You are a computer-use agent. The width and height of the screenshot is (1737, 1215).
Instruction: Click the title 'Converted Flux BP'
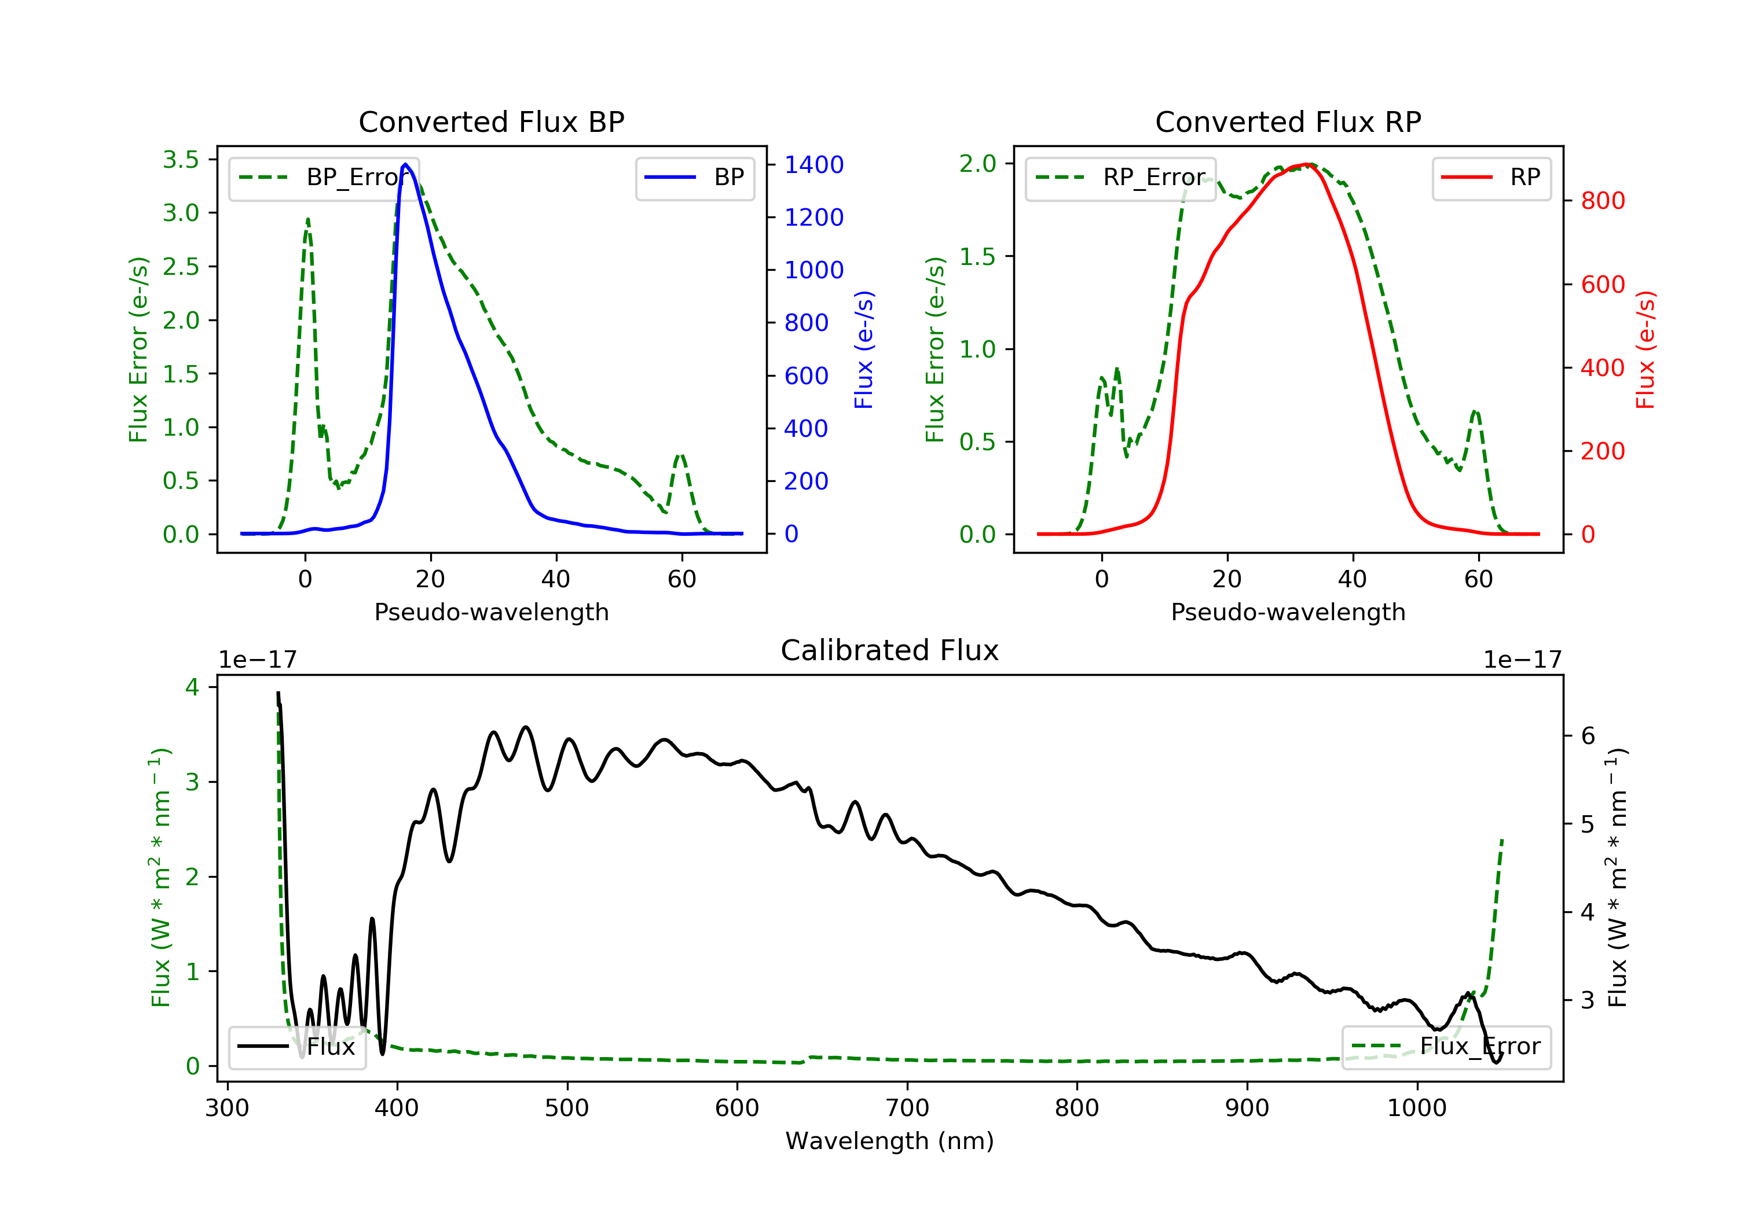(x=492, y=122)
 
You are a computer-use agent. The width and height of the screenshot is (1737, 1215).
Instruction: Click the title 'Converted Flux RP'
(x=1288, y=122)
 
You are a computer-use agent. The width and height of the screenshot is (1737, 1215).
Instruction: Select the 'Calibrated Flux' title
(x=890, y=650)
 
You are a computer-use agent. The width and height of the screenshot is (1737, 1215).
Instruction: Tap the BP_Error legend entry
(x=324, y=178)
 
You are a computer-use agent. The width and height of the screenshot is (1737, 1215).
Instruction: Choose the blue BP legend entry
(x=694, y=178)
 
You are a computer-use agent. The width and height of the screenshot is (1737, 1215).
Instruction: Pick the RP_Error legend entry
(x=1120, y=178)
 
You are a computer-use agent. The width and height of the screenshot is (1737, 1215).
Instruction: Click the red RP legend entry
(x=1491, y=178)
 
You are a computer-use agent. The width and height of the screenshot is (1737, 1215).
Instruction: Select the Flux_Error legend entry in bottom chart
(x=1446, y=1047)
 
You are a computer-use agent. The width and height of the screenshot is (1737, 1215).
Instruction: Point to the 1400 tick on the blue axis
(x=814, y=165)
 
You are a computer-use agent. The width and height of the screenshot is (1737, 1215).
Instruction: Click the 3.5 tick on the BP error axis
(x=181, y=160)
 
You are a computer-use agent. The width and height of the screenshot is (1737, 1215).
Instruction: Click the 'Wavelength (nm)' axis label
(x=890, y=1141)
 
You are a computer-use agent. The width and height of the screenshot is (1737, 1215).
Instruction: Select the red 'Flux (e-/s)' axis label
(x=1646, y=350)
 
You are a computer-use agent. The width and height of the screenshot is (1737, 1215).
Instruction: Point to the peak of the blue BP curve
(x=405, y=164)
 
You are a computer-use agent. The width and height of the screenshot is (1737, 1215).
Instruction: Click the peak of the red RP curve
(x=1307, y=164)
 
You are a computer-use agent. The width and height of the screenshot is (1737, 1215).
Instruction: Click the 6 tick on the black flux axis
(x=1589, y=735)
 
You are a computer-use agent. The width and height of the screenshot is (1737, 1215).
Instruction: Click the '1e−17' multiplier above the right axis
(x=1523, y=660)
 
